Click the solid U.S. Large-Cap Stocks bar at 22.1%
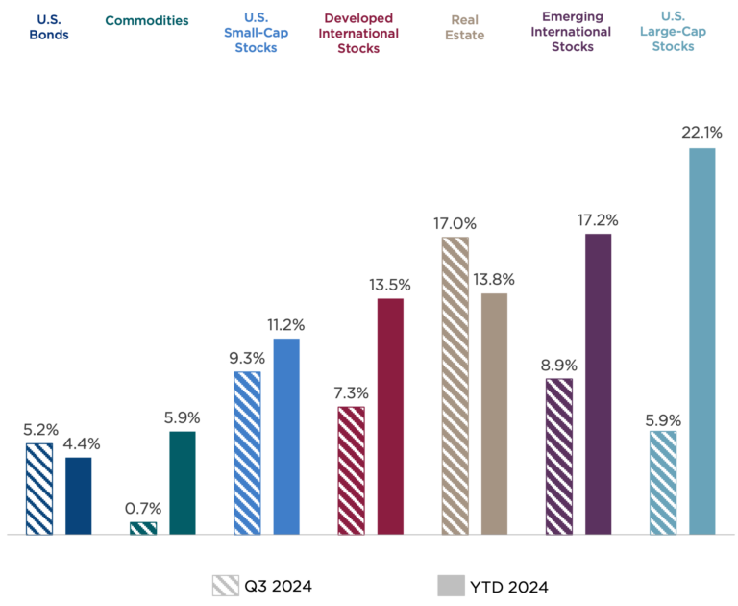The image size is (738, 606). [x=702, y=341]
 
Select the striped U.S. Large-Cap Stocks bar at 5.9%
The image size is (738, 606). [x=663, y=482]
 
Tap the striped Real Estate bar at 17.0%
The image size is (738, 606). [x=455, y=385]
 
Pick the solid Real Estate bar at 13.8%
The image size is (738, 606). [x=494, y=413]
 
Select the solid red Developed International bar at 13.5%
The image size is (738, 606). [x=390, y=416]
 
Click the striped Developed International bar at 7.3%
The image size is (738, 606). [x=351, y=469]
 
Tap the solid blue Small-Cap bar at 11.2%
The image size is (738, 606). [x=286, y=435]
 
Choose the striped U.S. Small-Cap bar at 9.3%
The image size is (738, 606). [x=247, y=452]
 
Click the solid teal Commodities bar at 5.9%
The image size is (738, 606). [x=182, y=482]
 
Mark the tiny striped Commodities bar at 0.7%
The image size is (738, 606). [x=142, y=527]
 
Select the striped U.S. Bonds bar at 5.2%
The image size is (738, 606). [x=39, y=488]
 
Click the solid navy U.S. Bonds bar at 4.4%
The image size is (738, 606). [x=78, y=495]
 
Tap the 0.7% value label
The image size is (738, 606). [x=142, y=508]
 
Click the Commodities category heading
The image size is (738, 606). [x=146, y=20]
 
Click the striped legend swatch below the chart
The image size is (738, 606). [x=226, y=585]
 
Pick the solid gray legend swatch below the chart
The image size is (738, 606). [x=451, y=585]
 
